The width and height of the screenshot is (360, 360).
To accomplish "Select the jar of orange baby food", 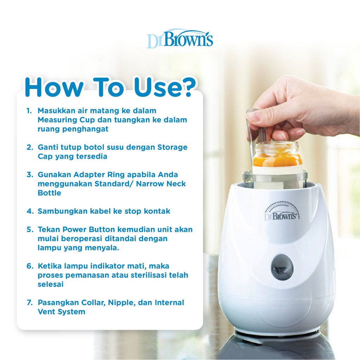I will [278, 155].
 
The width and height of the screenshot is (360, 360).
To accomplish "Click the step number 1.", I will [29, 111].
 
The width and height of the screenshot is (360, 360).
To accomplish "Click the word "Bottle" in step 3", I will [50, 193].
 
